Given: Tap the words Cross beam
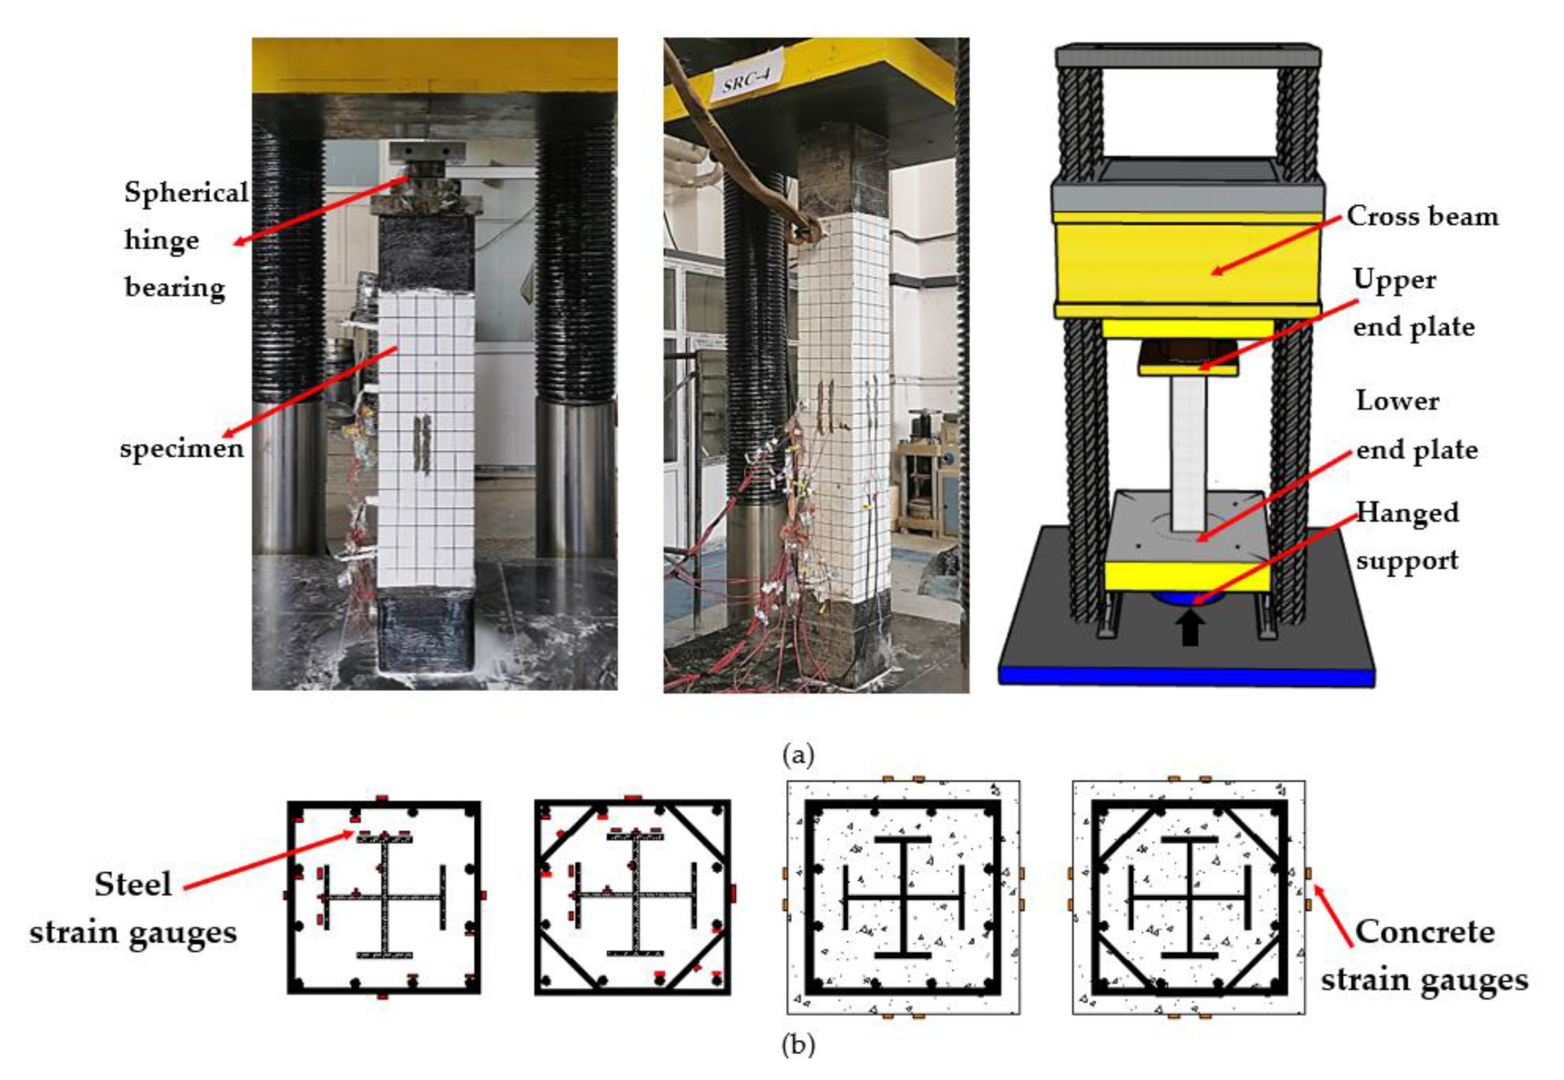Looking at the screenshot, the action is click(1422, 217).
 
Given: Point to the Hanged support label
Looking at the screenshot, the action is click(1407, 536).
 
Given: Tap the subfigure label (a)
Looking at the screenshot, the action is click(797, 754).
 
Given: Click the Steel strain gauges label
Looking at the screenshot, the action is click(133, 908).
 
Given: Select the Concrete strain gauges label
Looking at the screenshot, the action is click(1425, 956).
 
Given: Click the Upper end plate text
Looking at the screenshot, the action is click(1413, 303).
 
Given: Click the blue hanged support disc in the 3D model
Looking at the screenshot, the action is click(1189, 598).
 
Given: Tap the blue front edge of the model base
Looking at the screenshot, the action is click(1186, 677).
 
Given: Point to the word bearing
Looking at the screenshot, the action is click(175, 288).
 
